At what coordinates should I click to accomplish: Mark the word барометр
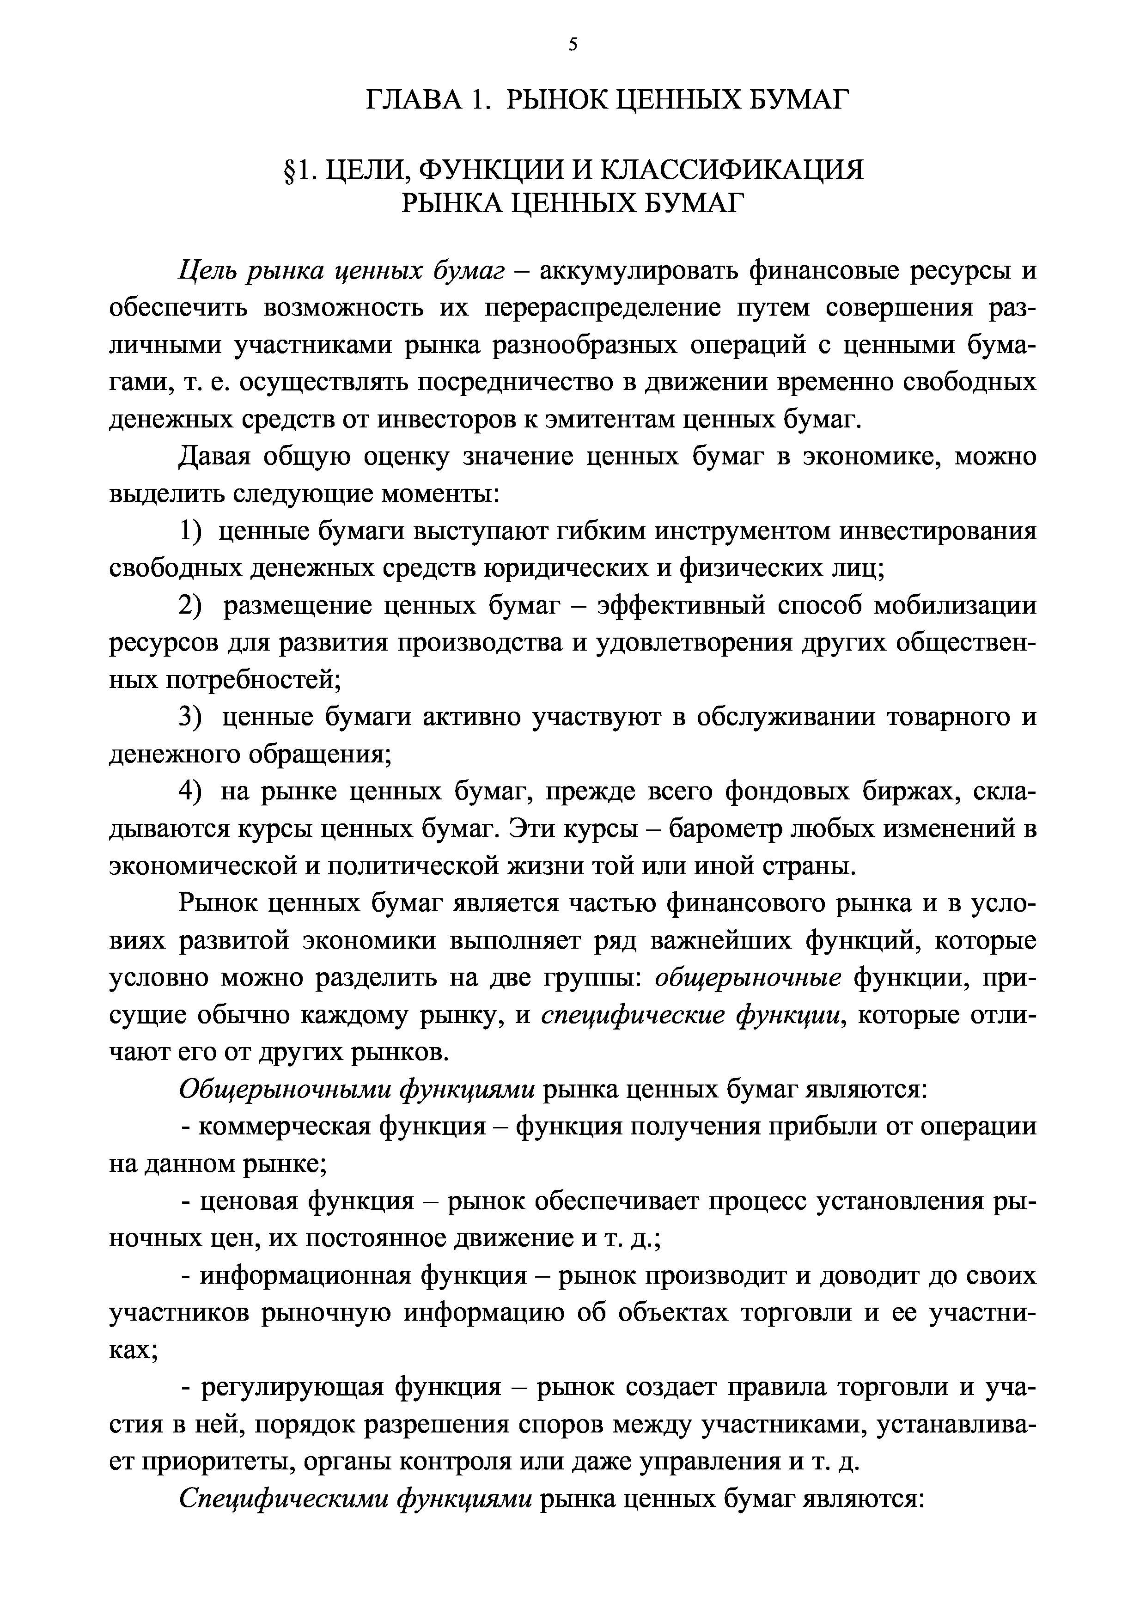(737, 828)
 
